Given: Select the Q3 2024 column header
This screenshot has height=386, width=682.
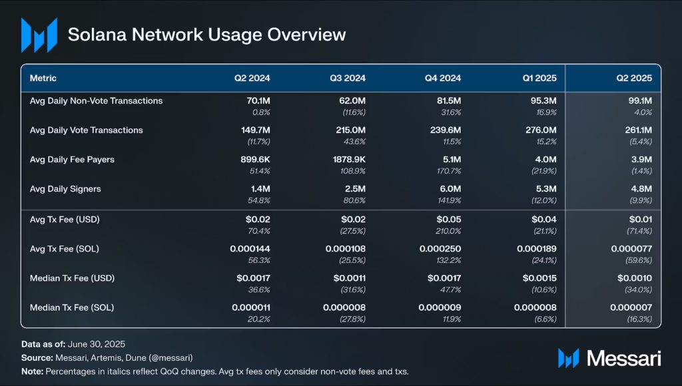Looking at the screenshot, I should click(348, 79).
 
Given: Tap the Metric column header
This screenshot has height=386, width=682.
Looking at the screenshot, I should click(43, 79).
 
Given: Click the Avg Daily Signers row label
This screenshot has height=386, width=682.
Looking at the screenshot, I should click(65, 189).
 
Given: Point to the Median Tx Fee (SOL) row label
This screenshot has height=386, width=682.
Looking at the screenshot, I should click(75, 307).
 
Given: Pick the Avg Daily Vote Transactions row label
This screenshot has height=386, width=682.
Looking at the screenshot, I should click(87, 130).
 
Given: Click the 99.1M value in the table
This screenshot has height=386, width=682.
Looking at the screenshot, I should click(638, 101).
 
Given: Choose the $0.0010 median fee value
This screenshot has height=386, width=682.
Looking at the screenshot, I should click(634, 278).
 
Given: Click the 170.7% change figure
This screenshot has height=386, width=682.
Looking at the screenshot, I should click(448, 172).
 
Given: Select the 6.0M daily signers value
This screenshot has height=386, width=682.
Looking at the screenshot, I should click(448, 189).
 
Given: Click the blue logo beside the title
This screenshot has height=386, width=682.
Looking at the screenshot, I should click(39, 35).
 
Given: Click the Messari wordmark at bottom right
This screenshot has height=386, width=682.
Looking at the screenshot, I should click(623, 358).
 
